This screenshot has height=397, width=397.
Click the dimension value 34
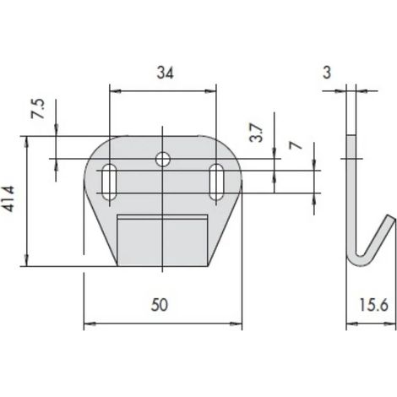[x=165, y=73]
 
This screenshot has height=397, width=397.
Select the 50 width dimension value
[x=160, y=305]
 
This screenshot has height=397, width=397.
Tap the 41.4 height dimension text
[x=8, y=198]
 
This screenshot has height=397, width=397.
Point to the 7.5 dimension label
[x=37, y=108]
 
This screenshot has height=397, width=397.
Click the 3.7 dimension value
[x=257, y=133]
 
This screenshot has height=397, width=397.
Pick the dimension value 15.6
[x=373, y=305]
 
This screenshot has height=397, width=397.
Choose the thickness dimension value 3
[x=327, y=73]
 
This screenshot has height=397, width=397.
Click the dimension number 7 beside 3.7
[x=295, y=145]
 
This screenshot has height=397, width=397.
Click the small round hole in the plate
[x=163, y=159]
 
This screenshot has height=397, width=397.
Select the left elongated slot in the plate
[x=109, y=182]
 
